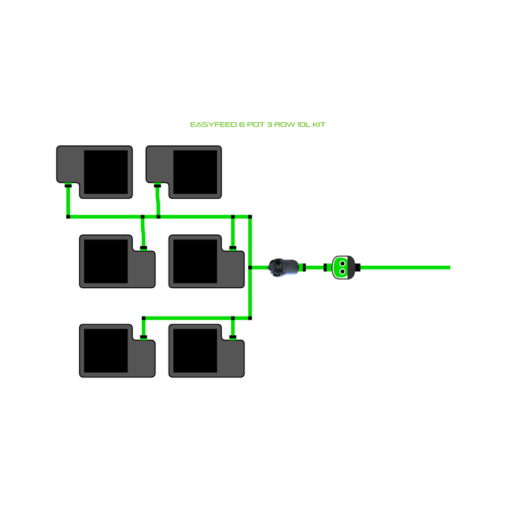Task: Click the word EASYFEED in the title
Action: point(212,125)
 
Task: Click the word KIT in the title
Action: point(319,125)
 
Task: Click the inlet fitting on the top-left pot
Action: point(68,186)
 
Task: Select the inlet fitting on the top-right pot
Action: point(157,186)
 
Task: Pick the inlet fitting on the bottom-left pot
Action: point(144,337)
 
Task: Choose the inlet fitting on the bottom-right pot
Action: point(233,337)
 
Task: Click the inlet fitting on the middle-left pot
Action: point(144,248)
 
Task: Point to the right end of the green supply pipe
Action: point(448,268)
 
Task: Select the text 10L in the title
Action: point(305,125)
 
